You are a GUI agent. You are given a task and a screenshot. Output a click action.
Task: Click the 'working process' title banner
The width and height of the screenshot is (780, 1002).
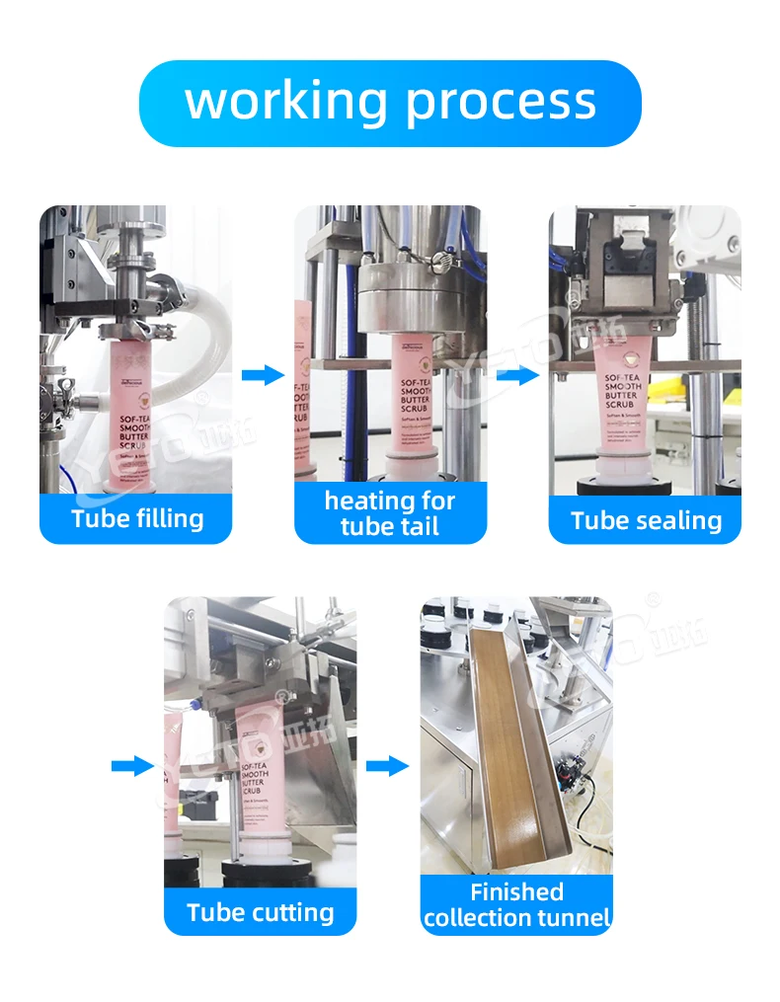coord(390,103)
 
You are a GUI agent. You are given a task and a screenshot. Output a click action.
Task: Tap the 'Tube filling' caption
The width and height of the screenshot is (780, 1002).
coord(136,518)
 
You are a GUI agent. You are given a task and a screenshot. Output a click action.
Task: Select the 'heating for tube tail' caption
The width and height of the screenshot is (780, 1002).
coord(390,513)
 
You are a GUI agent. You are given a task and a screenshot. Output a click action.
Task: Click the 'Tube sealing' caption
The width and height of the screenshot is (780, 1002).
coord(646,520)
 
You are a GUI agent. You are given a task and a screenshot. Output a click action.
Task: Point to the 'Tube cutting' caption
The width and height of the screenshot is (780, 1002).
coord(261,911)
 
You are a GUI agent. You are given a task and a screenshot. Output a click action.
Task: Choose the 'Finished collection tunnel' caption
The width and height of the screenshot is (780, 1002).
coord(516,905)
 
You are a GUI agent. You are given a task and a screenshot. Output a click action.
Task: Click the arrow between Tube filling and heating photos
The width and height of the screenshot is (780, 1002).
coord(262,375)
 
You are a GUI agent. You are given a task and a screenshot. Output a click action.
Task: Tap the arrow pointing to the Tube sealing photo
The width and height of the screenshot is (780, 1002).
coord(516,375)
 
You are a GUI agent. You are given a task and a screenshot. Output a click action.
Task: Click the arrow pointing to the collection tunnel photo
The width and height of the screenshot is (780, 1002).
coord(387,765)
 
